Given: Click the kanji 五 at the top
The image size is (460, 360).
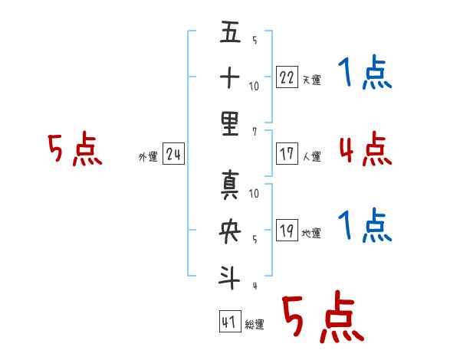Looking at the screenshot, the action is [230, 31].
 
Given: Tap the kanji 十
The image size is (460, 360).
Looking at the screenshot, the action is [230, 77].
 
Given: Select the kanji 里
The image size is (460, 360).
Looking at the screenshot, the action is [230, 124].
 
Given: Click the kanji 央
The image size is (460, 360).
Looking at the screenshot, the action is [230, 231].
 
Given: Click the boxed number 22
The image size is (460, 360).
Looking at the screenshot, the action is [287, 77].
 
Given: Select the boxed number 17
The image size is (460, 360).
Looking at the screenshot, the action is [287, 154].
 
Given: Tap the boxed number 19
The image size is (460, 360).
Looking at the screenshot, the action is [287, 231].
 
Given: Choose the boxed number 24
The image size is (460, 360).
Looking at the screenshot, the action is [173, 154].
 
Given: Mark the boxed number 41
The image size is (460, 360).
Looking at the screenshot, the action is [230, 322].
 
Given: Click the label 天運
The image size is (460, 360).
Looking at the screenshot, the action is [312, 80].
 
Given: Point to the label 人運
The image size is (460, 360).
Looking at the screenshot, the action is [312, 156].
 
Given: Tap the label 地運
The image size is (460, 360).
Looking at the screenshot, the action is [311, 234].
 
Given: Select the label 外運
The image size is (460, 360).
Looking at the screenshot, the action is [148, 157].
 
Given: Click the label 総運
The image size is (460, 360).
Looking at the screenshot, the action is [255, 325].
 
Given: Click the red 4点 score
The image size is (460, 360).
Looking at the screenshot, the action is [366, 149].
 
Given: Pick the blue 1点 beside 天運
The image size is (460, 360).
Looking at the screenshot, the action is [365, 72].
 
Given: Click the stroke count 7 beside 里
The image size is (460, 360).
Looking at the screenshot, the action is [255, 132].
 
